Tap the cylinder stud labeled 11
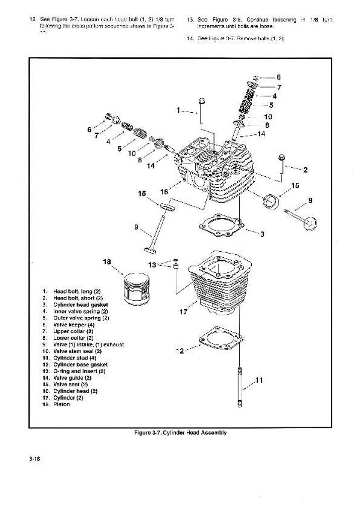[x=239, y=388]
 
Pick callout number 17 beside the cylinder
[x=183, y=312]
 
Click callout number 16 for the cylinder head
[x=164, y=191]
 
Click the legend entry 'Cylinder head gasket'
[x=81, y=305]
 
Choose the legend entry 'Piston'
[x=61, y=404]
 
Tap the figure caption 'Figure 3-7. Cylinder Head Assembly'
[x=180, y=433]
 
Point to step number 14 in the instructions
[x=190, y=38]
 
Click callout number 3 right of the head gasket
[x=262, y=234]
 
